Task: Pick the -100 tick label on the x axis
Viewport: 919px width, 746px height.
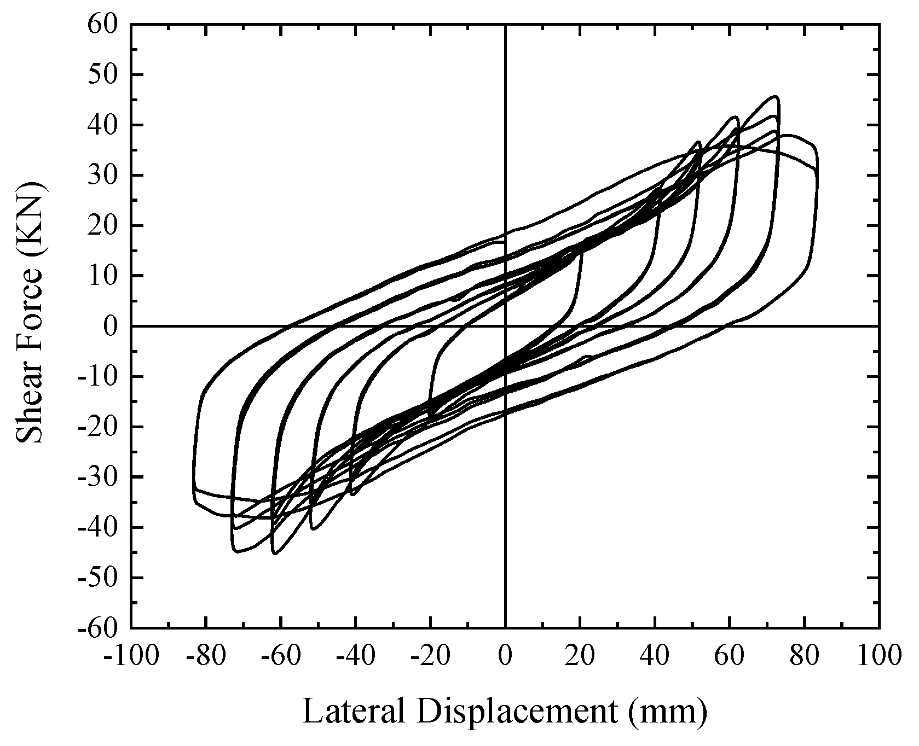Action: pos(131,654)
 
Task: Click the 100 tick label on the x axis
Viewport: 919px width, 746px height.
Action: pos(879,654)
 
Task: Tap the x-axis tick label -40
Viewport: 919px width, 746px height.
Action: pos(355,654)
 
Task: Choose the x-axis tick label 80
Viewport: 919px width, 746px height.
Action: pos(805,654)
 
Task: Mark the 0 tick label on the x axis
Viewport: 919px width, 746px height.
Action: pos(505,654)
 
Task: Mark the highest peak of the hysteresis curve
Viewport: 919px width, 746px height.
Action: pos(776,96)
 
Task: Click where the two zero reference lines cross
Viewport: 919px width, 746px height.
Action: pos(505,327)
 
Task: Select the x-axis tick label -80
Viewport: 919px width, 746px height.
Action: pos(206,654)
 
